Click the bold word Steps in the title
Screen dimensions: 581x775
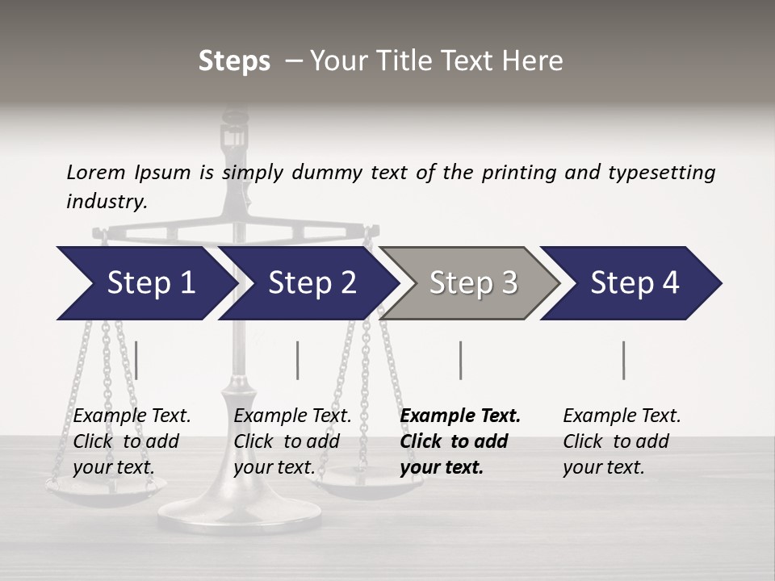(x=234, y=61)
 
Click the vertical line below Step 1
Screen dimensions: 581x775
(x=136, y=360)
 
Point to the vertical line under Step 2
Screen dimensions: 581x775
(x=298, y=360)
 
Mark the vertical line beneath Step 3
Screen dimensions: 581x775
(x=461, y=360)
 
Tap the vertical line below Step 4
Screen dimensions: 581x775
(x=624, y=360)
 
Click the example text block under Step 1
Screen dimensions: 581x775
(x=132, y=441)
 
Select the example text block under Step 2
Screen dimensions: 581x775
(x=292, y=441)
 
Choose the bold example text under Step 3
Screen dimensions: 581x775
(x=460, y=441)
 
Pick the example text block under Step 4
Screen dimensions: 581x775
(x=622, y=441)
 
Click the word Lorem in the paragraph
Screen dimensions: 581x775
(x=96, y=172)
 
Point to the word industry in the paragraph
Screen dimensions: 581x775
(x=107, y=202)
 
